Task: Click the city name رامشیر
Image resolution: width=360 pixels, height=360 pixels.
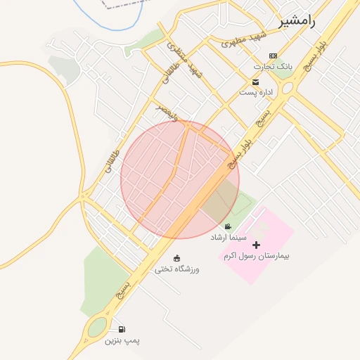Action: [297, 20]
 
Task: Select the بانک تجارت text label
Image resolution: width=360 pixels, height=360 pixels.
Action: [274, 66]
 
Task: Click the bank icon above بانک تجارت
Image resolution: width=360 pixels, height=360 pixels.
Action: [274, 56]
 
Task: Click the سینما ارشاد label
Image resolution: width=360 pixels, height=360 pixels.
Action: [228, 238]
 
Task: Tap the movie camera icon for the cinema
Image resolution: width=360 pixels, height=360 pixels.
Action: [228, 226]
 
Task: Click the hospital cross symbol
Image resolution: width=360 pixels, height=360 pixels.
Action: [256, 245]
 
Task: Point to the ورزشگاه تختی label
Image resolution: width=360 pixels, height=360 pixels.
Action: [176, 269]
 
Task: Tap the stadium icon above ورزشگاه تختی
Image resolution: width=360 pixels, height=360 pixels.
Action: [176, 257]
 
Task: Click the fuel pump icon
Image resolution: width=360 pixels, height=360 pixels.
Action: [122, 329]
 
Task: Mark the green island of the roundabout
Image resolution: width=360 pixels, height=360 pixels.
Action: [97, 327]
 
